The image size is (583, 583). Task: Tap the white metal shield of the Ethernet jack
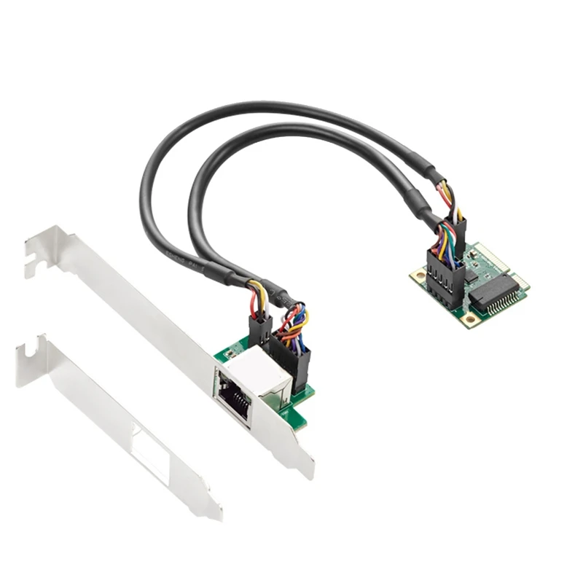[x=259, y=369]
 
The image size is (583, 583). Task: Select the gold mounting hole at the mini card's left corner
[x=418, y=275]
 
